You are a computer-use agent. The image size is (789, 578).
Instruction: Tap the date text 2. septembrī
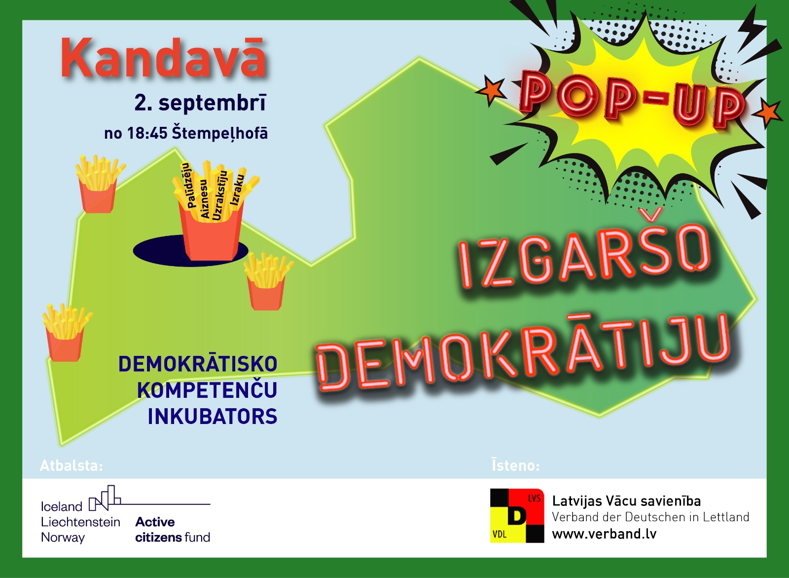point(200,103)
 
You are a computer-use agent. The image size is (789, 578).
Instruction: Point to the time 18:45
point(147,133)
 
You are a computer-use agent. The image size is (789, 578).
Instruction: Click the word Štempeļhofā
point(220,133)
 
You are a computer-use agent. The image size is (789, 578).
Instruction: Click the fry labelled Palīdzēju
point(188,185)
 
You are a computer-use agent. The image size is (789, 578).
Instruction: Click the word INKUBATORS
point(213,417)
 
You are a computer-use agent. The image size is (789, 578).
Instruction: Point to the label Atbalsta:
point(72,466)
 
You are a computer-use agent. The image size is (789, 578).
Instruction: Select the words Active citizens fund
point(173,529)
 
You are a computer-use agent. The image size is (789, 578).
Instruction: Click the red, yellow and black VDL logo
point(517,516)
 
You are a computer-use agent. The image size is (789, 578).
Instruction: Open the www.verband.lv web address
point(604,534)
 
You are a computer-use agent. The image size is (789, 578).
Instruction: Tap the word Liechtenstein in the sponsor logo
point(81,522)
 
